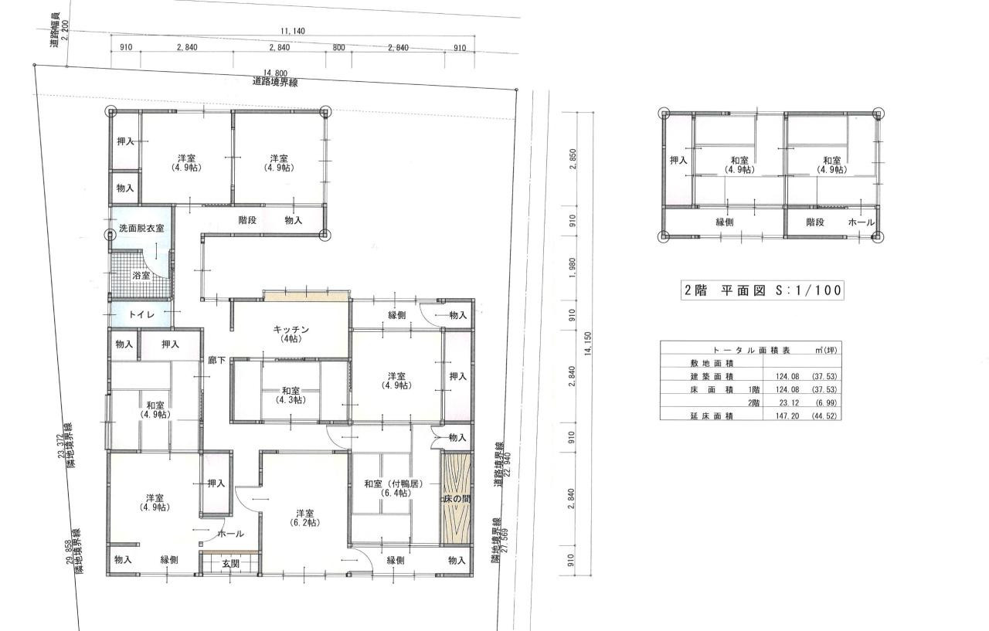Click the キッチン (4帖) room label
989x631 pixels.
point(291,334)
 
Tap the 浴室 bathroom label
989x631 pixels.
point(141,276)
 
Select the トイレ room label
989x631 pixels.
point(141,314)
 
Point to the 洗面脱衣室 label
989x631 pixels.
point(141,228)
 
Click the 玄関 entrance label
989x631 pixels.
point(230,564)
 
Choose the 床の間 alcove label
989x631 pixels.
point(457,499)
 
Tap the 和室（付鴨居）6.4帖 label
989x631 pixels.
point(394,488)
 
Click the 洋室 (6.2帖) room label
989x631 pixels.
point(304,518)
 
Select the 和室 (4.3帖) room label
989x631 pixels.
point(291,395)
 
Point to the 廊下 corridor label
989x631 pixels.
point(217,361)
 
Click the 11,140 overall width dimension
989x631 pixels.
point(292,31)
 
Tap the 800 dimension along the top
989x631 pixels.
point(338,47)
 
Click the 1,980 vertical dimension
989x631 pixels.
point(573,268)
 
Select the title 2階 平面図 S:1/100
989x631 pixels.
point(763,291)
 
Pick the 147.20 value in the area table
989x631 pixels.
point(787,416)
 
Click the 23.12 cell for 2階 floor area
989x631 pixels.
point(789,402)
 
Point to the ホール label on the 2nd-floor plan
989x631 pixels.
point(861,222)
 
